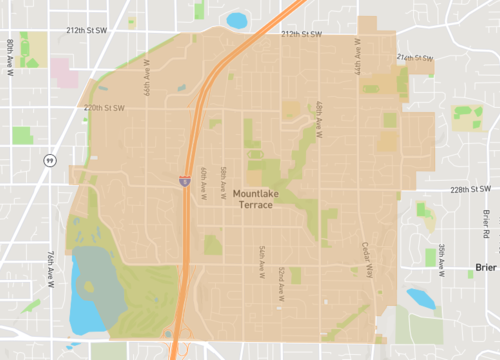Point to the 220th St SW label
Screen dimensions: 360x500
[105, 107]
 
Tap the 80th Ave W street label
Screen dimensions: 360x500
[9, 52]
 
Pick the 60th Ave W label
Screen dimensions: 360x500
[202, 183]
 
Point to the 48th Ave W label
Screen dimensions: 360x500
[318, 117]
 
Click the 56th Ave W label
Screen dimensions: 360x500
[261, 260]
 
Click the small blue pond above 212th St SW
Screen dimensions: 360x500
[238, 19]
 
